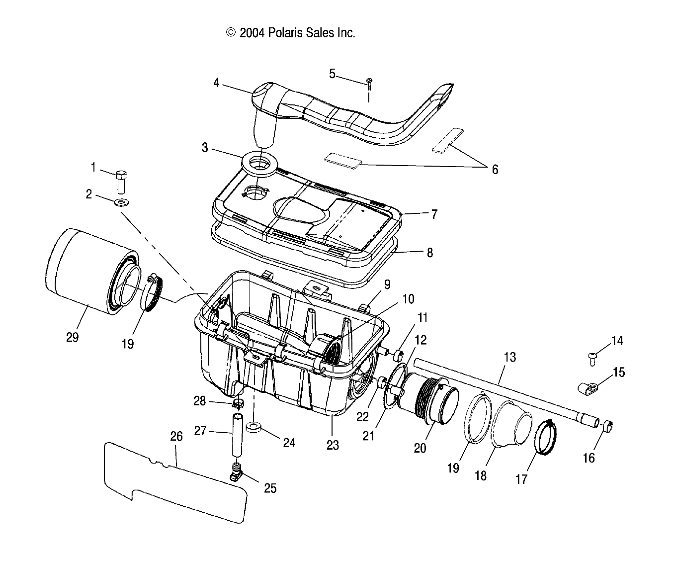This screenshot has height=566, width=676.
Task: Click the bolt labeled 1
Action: tap(121, 182)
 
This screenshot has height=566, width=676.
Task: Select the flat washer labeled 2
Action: tap(120, 202)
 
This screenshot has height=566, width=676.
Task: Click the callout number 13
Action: tap(509, 357)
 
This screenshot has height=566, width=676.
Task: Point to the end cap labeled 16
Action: tap(607, 426)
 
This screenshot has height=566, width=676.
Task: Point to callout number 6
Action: tap(494, 170)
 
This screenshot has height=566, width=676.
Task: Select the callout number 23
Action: tap(333, 445)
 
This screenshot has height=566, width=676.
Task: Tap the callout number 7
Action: tap(434, 214)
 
